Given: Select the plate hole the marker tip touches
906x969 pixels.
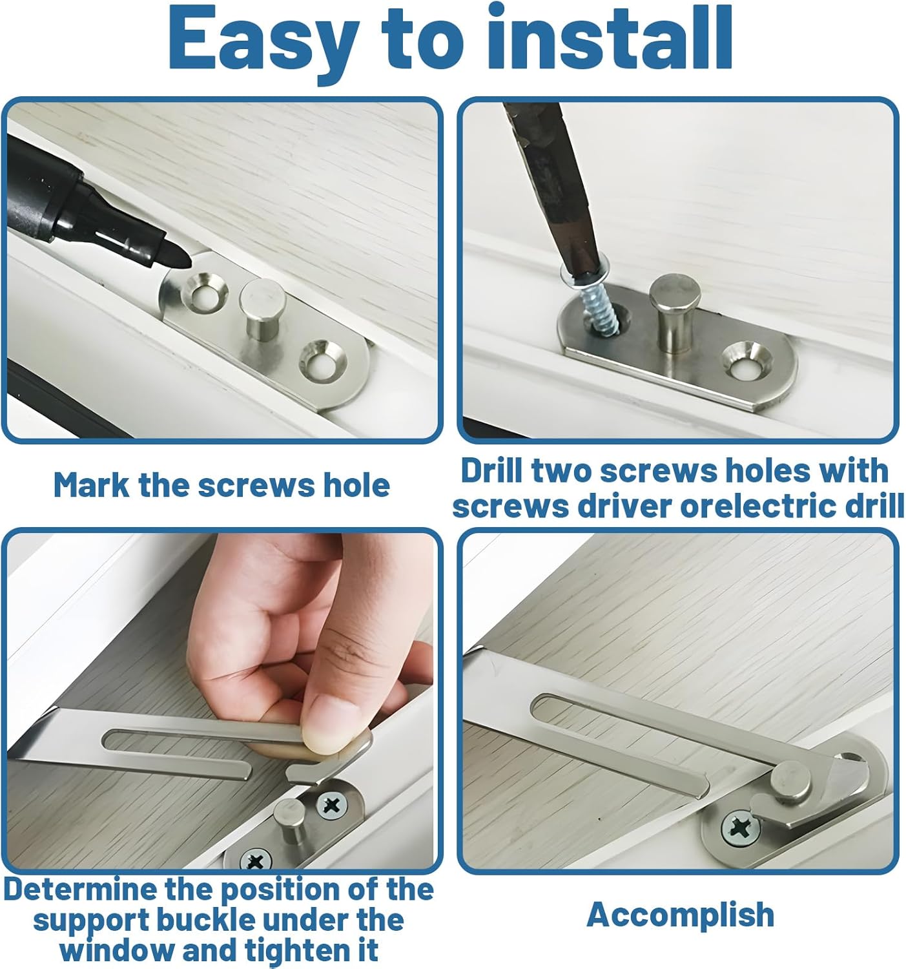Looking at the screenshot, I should pyautogui.click(x=204, y=292).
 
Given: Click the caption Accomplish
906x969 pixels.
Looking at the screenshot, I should pyautogui.click(x=680, y=914).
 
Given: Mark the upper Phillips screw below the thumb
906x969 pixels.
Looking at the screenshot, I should pyautogui.click(x=331, y=805).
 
